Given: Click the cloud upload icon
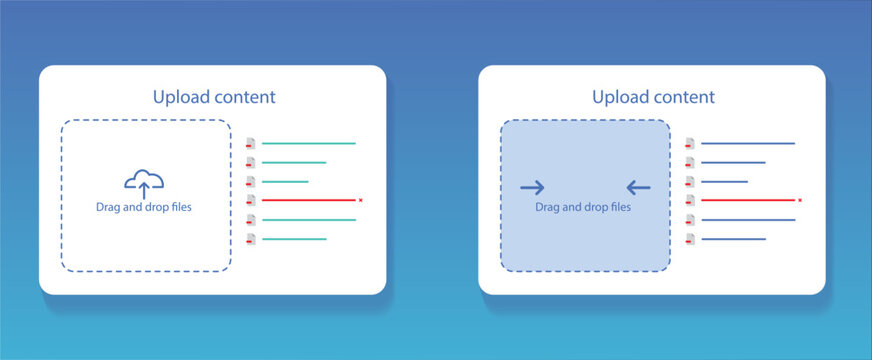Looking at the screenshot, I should coord(144,182).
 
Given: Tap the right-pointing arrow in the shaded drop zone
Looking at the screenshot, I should coord(532,187).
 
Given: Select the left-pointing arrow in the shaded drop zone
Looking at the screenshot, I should coord(638,187).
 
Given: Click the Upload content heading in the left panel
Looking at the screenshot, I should coord(214,97).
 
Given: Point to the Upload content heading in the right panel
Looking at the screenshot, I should coord(653,97).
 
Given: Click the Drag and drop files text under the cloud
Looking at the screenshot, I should coord(144,208).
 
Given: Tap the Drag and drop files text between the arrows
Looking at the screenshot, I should coord(583,208).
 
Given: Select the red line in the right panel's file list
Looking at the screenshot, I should coord(747,200).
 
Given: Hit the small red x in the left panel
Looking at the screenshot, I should coord(360,200).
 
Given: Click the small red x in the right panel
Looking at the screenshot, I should coord(800,200).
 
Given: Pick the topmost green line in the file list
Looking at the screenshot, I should coord(308,143).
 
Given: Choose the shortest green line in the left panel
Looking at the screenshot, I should coord(285,181).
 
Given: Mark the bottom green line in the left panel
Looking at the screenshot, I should coord(294,239).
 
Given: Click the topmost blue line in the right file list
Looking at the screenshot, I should coord(747,143).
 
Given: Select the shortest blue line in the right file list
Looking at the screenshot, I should coord(724,181).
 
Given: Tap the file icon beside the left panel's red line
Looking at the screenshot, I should coord(250,200).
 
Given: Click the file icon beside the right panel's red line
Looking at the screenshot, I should coord(689,200).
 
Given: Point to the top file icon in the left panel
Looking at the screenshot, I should coord(250,143).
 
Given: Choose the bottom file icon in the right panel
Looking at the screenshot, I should coord(689,239).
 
